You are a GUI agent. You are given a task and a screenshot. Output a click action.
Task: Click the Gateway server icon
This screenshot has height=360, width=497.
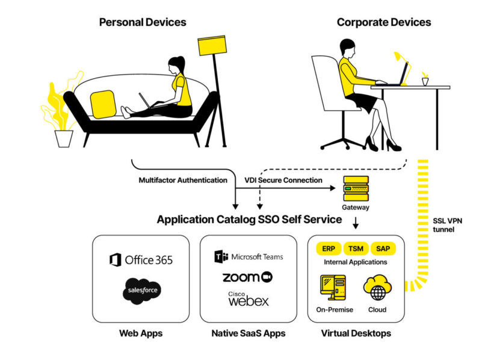(x=356, y=188)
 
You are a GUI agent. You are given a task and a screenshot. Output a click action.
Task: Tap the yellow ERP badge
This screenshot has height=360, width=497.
(x=329, y=249)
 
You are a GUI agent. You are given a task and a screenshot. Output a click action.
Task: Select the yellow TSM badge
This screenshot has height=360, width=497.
(x=356, y=249)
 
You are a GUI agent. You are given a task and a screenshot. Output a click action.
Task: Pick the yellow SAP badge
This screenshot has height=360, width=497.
(x=383, y=249)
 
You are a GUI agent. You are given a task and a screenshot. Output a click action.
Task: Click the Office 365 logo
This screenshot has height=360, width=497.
(x=141, y=260)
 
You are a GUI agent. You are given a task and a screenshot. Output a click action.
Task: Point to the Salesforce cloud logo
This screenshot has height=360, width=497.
(x=142, y=291)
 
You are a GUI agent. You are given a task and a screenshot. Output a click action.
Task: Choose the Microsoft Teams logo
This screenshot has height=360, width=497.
(x=249, y=256)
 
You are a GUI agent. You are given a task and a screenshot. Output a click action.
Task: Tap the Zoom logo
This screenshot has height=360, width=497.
(x=247, y=277)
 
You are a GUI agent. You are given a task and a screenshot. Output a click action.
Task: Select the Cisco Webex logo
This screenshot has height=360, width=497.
(x=248, y=299)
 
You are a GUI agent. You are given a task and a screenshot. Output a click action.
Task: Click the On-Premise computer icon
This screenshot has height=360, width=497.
(x=333, y=287)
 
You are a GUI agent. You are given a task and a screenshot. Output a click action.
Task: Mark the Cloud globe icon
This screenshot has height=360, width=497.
(x=377, y=287)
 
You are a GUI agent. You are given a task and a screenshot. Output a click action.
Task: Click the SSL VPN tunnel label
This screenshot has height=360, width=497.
(x=448, y=225)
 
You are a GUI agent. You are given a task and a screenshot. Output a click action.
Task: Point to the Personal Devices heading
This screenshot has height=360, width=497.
(x=143, y=22)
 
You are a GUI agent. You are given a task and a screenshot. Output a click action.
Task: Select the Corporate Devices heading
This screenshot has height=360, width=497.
(x=384, y=22)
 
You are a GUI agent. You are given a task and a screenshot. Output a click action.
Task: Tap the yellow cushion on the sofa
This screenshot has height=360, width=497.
(x=103, y=104)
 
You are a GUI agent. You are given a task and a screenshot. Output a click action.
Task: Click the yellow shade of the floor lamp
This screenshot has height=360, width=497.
(x=212, y=45)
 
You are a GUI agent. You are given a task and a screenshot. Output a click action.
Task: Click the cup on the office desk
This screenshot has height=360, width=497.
(x=425, y=81)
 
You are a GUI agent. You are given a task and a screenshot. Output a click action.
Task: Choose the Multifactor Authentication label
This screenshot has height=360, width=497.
(x=183, y=180)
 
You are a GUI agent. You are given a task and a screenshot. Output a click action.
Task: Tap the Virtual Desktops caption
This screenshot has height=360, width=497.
(x=356, y=333)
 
